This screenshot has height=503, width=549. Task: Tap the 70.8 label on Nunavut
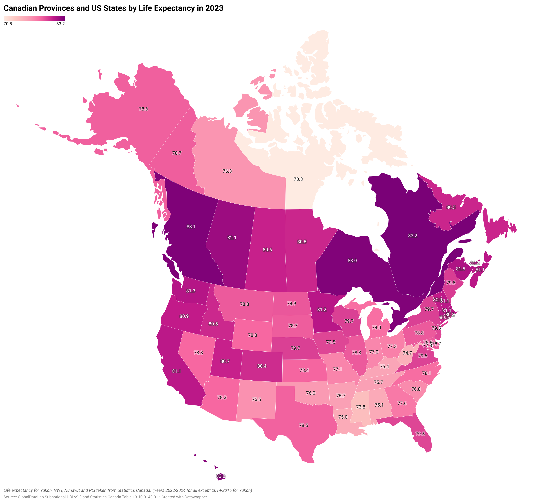click(x=298, y=179)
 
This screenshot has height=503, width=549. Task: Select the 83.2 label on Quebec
click(x=413, y=236)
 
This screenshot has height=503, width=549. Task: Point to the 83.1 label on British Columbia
click(x=191, y=227)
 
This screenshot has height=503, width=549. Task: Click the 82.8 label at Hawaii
click(x=221, y=476)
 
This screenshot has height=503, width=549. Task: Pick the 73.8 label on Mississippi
click(x=361, y=407)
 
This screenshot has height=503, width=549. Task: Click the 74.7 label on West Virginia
click(x=407, y=353)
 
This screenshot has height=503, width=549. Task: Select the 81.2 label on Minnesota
click(x=322, y=310)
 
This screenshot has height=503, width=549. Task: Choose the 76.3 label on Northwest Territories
click(x=227, y=171)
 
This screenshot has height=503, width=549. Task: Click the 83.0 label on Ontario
click(x=352, y=261)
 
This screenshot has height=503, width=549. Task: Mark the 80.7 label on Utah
click(x=225, y=361)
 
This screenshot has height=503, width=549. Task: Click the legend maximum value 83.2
click(x=61, y=24)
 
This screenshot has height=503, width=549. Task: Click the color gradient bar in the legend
click(x=34, y=19)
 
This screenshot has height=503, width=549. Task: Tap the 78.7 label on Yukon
click(x=177, y=153)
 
